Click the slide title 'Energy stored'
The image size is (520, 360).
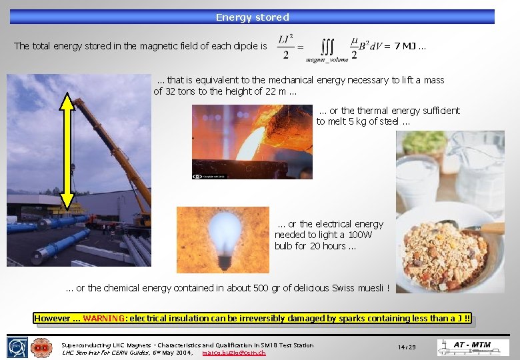click(x=253, y=17)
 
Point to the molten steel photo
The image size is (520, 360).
click(x=251, y=141)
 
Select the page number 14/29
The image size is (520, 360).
click(x=407, y=347)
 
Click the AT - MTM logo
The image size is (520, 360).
click(x=473, y=347)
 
